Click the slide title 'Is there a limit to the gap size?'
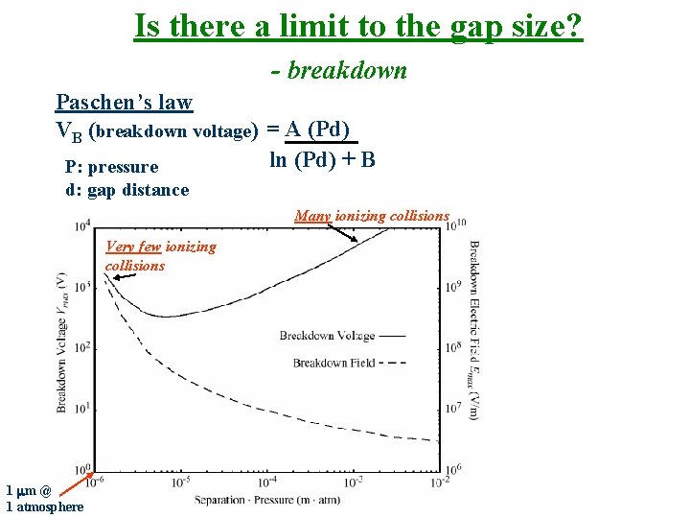357,26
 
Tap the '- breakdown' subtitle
339,71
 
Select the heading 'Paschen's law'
124,103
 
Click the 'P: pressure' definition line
111,167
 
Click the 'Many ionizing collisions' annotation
371,216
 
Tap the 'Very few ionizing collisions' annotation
160,256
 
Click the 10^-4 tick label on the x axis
266,481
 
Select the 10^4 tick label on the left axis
83,225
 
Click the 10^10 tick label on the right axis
455,224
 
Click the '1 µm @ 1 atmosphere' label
44,499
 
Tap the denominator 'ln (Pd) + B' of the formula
322,159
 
